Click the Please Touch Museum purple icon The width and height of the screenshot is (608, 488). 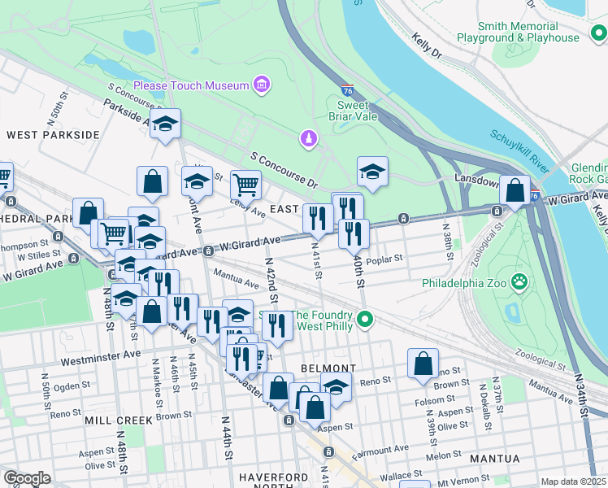click(x=261, y=85)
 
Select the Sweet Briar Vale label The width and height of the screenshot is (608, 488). click(x=358, y=111)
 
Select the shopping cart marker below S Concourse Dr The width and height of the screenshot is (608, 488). click(x=245, y=185)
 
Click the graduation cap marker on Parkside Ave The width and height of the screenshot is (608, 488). click(x=165, y=124)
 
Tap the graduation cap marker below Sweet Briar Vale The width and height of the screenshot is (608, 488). click(x=372, y=172)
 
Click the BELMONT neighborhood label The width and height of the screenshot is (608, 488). click(x=324, y=368)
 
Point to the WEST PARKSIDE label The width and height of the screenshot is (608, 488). click(x=53, y=134)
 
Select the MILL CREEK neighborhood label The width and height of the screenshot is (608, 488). click(x=118, y=420)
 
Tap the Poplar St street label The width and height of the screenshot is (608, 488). click(x=385, y=259)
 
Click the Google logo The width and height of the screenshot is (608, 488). click(x=27, y=478)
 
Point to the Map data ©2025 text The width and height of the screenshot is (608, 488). click(x=573, y=481)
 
